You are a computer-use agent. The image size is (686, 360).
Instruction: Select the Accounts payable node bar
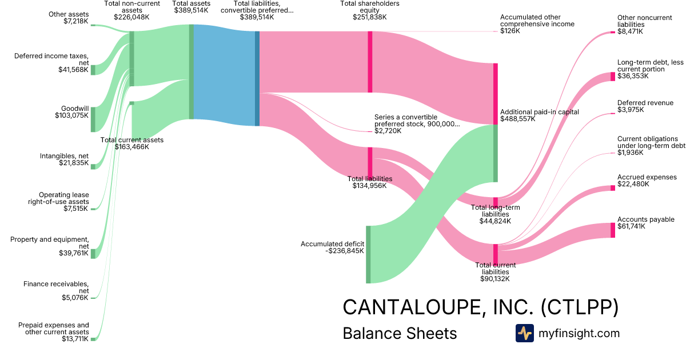tap(612, 230)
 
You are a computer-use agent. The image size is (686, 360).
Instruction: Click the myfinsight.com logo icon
tap(524, 333)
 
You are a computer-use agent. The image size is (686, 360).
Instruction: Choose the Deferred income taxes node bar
tap(93, 70)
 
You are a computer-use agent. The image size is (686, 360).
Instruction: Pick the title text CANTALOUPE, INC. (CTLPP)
tap(480, 307)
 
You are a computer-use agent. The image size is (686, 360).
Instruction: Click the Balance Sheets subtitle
tap(400, 333)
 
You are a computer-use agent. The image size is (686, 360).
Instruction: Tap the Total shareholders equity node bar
tap(370, 62)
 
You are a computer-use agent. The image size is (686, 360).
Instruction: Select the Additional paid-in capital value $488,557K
tap(517, 119)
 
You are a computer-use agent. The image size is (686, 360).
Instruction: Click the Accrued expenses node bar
tap(612, 188)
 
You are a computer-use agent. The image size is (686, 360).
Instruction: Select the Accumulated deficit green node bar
tap(368, 254)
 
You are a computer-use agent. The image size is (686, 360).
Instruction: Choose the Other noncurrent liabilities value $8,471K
tap(630, 32)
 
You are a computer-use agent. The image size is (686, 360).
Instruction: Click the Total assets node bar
tap(192, 72)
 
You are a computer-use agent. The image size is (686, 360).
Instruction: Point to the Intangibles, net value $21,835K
tap(74, 163)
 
